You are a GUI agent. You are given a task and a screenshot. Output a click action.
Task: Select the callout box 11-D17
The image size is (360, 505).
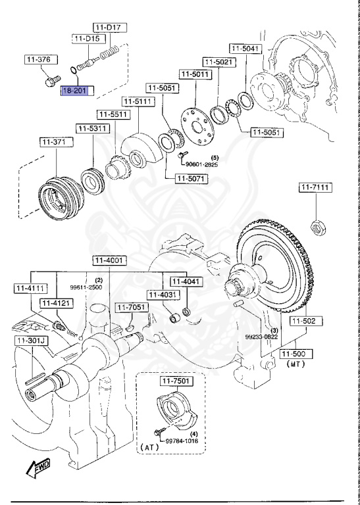point(109,27)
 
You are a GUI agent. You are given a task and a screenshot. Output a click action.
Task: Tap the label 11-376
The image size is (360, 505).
point(38,60)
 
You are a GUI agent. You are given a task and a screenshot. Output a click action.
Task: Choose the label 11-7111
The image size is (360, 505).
point(315,188)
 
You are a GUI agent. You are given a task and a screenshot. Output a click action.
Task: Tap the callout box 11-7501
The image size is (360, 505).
point(172,381)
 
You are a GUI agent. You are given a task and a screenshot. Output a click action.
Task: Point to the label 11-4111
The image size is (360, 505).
point(30,288)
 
